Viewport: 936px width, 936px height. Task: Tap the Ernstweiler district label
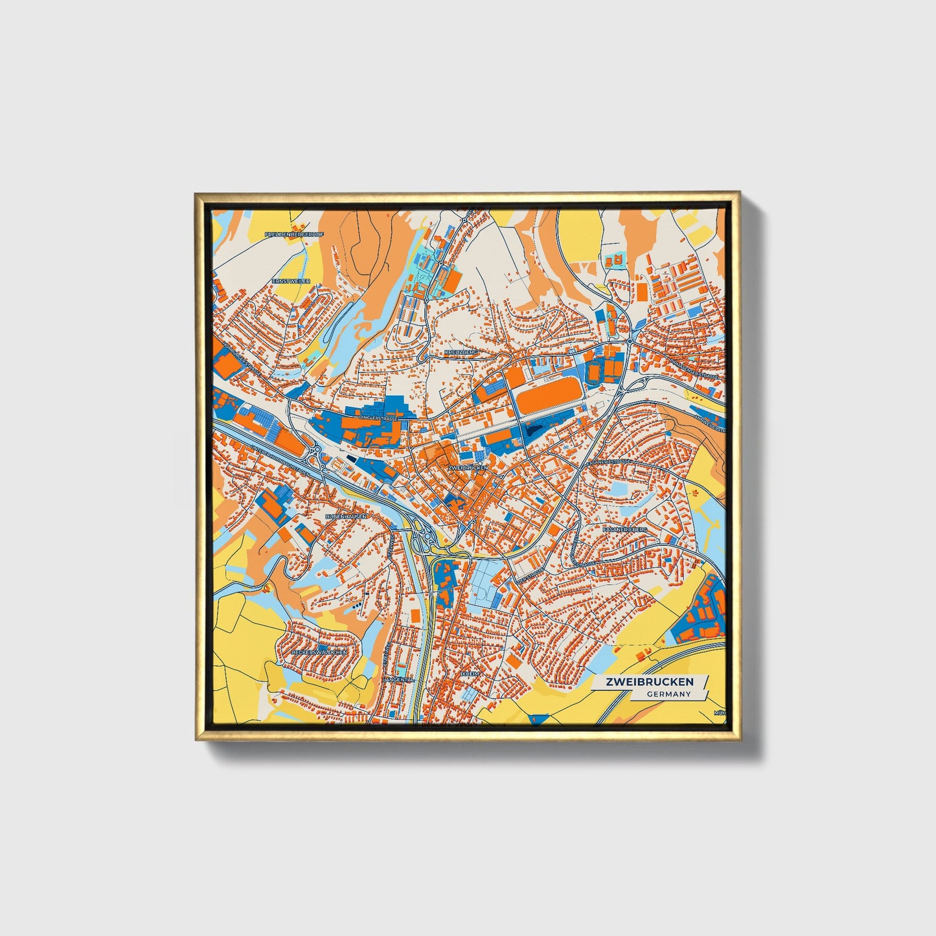tap(291, 281)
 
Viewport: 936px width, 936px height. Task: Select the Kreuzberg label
tap(461, 352)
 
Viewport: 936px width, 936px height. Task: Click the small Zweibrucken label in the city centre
tap(466, 466)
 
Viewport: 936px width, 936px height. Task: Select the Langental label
tap(398, 679)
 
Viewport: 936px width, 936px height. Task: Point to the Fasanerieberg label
tap(624, 529)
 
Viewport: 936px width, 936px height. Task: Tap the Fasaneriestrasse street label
tap(608, 462)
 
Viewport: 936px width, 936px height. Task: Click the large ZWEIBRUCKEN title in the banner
tap(649, 681)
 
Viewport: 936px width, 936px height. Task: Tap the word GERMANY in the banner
tap(668, 694)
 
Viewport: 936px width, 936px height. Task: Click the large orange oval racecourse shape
tap(548, 394)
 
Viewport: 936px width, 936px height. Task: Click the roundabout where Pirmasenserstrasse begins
tap(629, 341)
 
